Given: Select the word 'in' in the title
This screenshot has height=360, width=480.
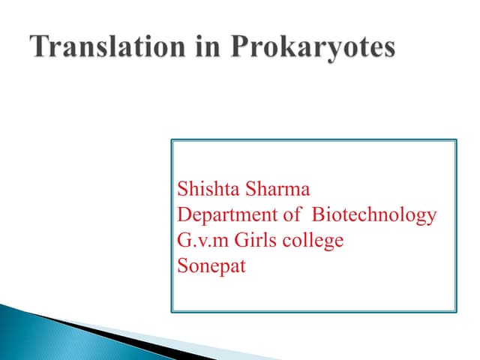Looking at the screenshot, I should (205, 46).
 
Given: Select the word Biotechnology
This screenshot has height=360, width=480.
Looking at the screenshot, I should (373, 216).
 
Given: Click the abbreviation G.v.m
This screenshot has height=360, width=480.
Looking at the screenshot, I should (199, 240).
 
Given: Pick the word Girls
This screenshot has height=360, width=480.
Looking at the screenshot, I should (253, 240).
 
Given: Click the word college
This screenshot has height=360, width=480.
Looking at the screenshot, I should (314, 241).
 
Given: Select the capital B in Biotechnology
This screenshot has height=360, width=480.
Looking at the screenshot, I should (317, 215).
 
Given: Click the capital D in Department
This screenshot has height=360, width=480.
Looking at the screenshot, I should (182, 215).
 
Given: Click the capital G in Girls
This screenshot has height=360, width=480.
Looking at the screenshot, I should (236, 240).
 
